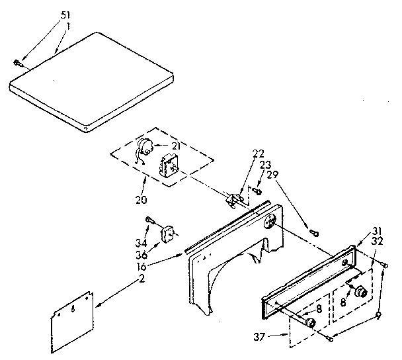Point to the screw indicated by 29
[x=314, y=232]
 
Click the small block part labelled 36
[x=168, y=234]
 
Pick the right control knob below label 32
[x=360, y=292]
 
